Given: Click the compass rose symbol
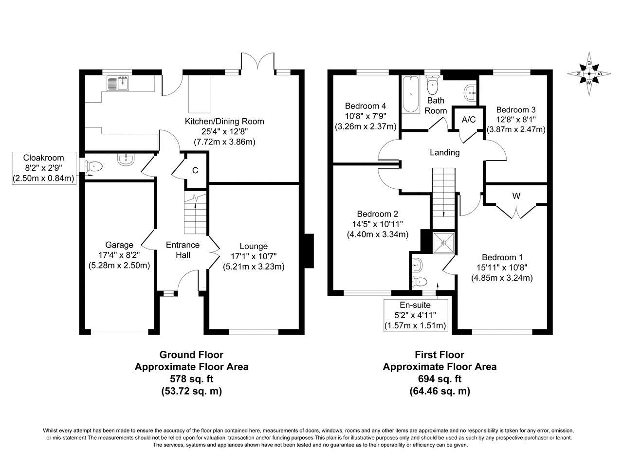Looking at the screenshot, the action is point(589,74).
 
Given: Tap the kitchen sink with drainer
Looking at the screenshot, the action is point(118,83).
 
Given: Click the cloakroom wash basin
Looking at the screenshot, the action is point(125,160).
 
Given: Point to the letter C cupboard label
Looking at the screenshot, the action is point(195,170).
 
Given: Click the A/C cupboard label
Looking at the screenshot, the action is point(469,120).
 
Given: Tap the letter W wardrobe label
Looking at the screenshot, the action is point(516,196).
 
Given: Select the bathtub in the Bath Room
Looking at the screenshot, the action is point(411,94).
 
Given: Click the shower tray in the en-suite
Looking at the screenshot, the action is point(443,242).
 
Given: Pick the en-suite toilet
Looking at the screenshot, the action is point(420,282).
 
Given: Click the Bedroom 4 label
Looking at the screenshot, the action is point(366,106).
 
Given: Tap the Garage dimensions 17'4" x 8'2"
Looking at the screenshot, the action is point(119,255).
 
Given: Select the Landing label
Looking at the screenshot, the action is point(445,153).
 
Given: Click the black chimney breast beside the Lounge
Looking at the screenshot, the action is point(309,251).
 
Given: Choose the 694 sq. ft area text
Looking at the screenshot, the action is point(440,379).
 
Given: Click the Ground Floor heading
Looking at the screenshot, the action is point(191,355).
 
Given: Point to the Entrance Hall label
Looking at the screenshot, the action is point(183,250).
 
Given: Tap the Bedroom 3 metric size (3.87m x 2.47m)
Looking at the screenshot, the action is point(516,129).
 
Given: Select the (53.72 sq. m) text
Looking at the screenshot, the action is point(192,391).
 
